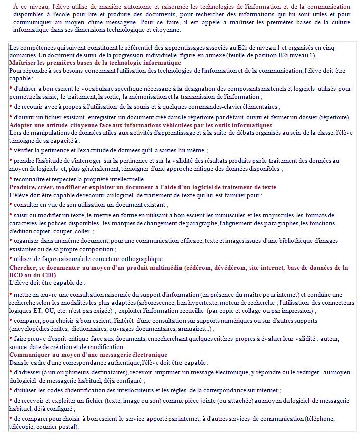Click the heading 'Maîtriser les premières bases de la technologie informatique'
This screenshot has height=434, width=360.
coord(95,63)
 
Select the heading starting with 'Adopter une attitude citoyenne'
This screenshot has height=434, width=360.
coord(140,125)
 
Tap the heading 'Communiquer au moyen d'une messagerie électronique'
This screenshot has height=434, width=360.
coord(88,355)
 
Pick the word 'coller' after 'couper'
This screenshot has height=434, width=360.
coord(83,232)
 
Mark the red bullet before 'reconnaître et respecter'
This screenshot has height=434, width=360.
coord(11,178)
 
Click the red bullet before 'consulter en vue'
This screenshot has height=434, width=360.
coord(11,204)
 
